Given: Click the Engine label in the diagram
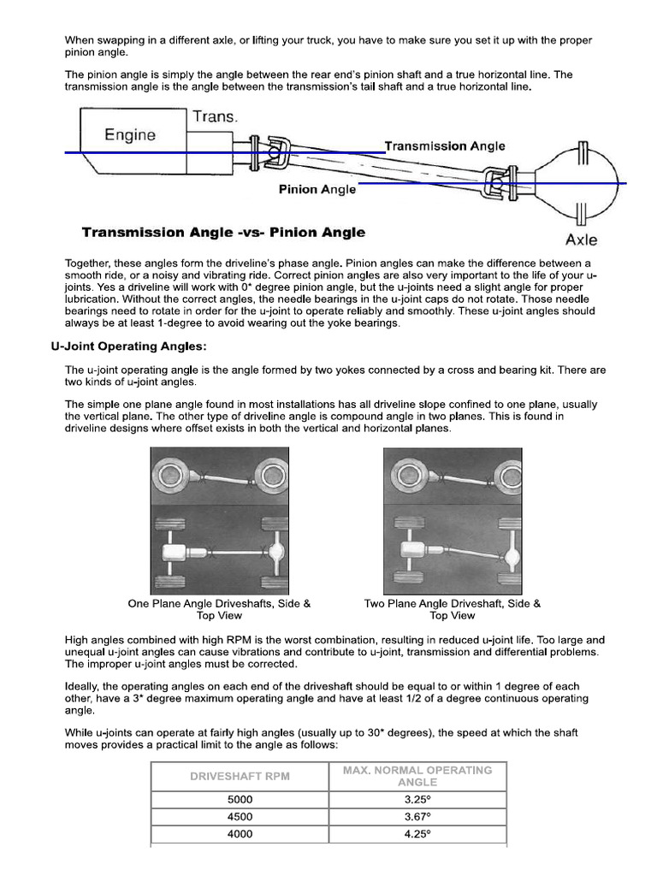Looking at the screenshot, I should pyautogui.click(x=130, y=134).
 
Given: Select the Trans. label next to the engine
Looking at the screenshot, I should pyautogui.click(x=215, y=116).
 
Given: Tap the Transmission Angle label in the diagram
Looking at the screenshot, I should pyautogui.click(x=445, y=146).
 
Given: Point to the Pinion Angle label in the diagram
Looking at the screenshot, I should pyautogui.click(x=317, y=190).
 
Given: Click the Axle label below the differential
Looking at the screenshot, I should pyautogui.click(x=581, y=240).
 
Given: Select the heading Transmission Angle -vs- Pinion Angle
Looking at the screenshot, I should pyautogui.click(x=223, y=233).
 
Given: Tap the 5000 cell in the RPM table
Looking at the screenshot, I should pyautogui.click(x=240, y=799).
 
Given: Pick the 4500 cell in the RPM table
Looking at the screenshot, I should pyautogui.click(x=240, y=816).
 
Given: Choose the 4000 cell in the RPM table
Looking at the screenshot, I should pyautogui.click(x=240, y=834).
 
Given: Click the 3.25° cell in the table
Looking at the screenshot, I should pyautogui.click(x=417, y=799).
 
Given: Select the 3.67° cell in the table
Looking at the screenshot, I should pyautogui.click(x=417, y=816).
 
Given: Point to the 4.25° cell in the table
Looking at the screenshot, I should pyautogui.click(x=417, y=834).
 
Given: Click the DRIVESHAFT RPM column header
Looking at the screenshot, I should pyautogui.click(x=240, y=776).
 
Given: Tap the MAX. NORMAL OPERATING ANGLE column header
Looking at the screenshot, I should pyautogui.click(x=417, y=776).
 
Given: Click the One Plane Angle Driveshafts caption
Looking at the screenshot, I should pyautogui.click(x=219, y=609).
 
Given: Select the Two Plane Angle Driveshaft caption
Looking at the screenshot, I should pyautogui.click(x=452, y=609).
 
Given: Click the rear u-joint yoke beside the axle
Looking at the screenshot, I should pyautogui.click(x=496, y=184).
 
